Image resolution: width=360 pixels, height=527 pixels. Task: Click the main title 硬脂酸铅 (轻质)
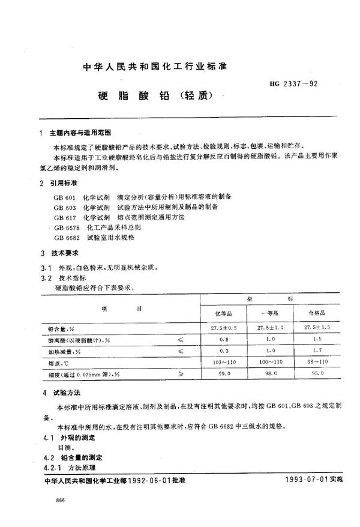tap(154, 96)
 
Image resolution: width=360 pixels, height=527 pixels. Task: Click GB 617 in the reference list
tap(64, 217)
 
